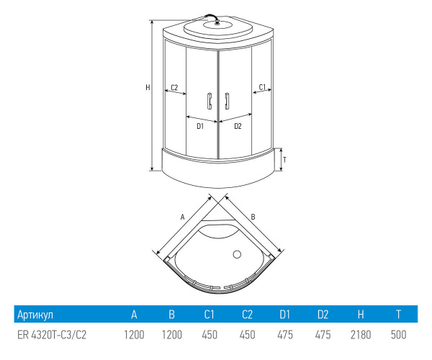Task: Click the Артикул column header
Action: click(x=35, y=315)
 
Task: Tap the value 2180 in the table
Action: click(x=360, y=336)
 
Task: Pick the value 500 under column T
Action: click(x=398, y=336)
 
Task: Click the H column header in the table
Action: click(x=360, y=315)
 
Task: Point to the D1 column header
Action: click(x=285, y=315)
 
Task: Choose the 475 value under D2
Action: click(x=323, y=336)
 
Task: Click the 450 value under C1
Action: click(x=209, y=336)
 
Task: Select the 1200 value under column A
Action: click(x=133, y=336)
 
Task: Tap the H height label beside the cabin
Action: click(x=148, y=87)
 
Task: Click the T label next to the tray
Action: click(x=285, y=159)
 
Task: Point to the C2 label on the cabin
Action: click(x=173, y=87)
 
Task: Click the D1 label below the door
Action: click(x=200, y=126)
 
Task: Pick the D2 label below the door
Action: click(x=237, y=126)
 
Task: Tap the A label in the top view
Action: click(x=183, y=215)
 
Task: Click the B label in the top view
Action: click(x=253, y=215)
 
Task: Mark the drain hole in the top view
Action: click(x=235, y=253)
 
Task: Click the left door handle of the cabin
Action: click(x=208, y=101)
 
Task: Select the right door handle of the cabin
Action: click(x=225, y=101)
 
